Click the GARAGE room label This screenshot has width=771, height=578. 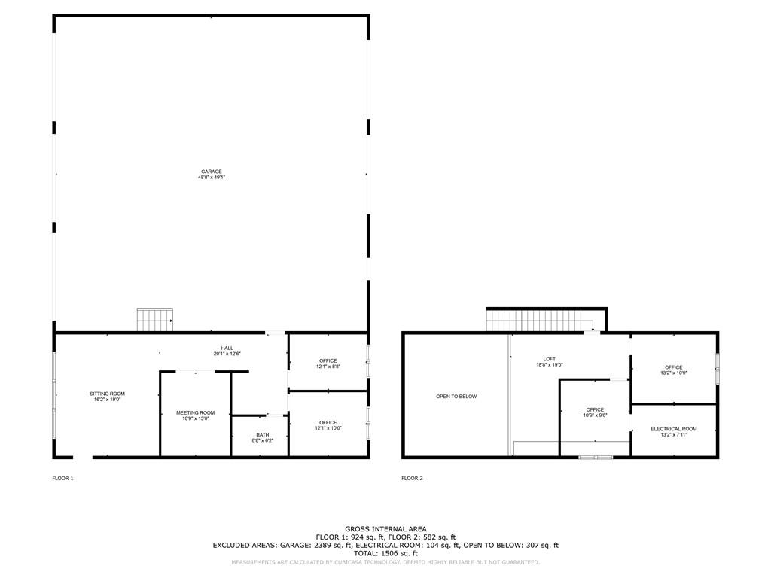click(x=211, y=172)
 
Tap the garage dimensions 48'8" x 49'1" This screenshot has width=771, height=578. click(x=211, y=178)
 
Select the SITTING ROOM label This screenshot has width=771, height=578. click(x=107, y=394)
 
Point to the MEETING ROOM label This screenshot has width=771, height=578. click(x=196, y=412)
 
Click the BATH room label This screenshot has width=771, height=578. click(x=262, y=434)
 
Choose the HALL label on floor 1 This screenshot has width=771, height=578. click(x=227, y=348)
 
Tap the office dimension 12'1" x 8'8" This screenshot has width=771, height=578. click(x=328, y=367)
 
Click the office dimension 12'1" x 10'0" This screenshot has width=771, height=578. click(x=328, y=428)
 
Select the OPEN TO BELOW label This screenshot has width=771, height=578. click(x=456, y=397)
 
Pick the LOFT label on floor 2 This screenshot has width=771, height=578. click(x=549, y=358)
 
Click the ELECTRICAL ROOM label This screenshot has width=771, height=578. click(x=674, y=429)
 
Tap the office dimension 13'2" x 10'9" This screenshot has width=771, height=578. click(x=674, y=373)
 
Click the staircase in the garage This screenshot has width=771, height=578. click(x=155, y=320)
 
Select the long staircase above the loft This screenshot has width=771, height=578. click(x=540, y=320)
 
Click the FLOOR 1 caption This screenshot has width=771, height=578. click(x=62, y=478)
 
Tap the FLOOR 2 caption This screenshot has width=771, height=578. click(x=412, y=478)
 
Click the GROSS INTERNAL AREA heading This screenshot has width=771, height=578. click(x=385, y=529)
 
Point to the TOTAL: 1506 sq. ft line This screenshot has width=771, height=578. click(x=385, y=553)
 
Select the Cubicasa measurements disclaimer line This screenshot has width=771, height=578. click(x=385, y=562)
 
